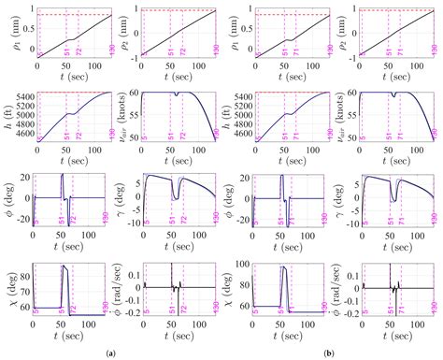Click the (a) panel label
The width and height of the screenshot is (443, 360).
(x=111, y=352)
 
